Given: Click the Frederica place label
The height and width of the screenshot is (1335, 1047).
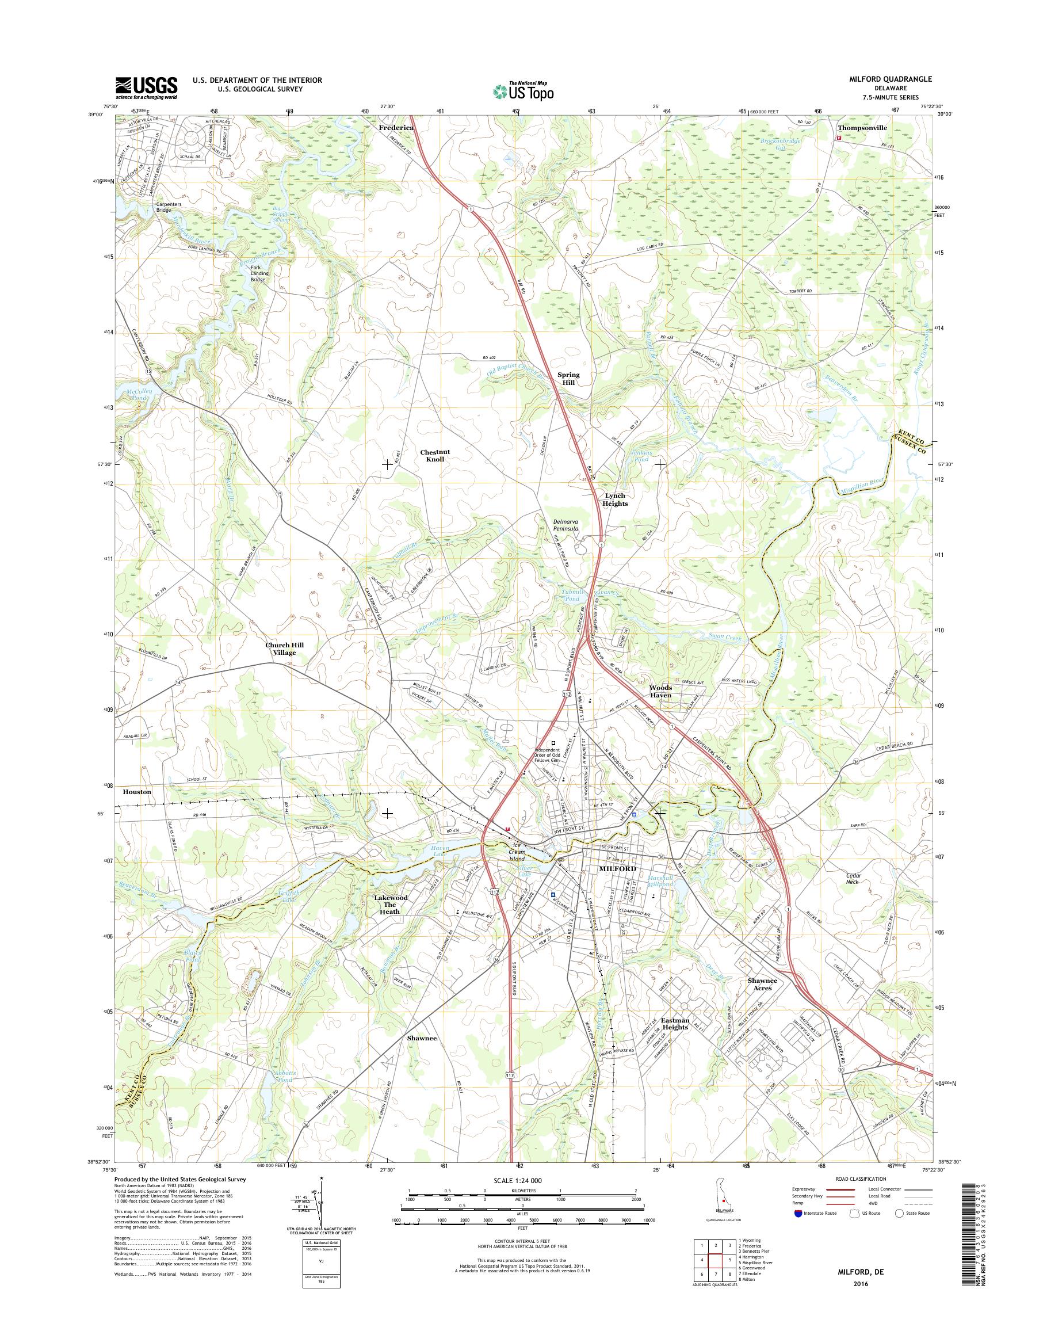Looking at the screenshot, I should pyautogui.click(x=396, y=128).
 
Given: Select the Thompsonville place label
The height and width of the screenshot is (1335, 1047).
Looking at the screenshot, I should pyautogui.click(x=862, y=128).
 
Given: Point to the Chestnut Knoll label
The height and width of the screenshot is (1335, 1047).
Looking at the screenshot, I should pyautogui.click(x=432, y=456).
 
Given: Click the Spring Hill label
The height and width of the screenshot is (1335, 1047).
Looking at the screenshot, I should pyautogui.click(x=568, y=379).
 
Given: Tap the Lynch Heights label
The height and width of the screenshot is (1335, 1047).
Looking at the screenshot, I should pyautogui.click(x=615, y=499).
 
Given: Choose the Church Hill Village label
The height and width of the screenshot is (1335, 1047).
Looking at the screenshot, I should pyautogui.click(x=284, y=649).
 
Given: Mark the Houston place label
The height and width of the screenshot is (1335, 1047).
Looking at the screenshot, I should pyautogui.click(x=137, y=792).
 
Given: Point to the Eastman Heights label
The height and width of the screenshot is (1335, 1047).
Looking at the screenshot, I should pyautogui.click(x=675, y=1024).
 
